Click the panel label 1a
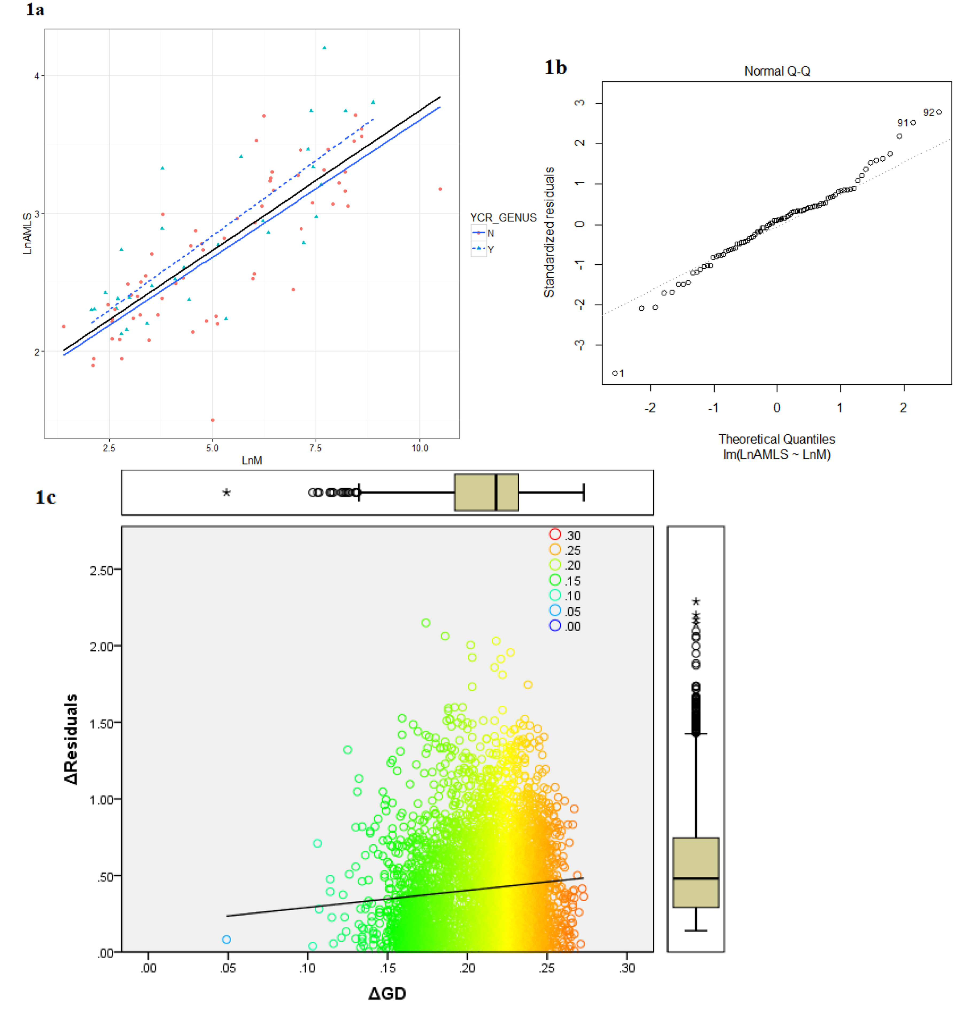pyautogui.click(x=35, y=9)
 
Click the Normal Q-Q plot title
pyautogui.click(x=777, y=71)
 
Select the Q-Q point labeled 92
pyautogui.click(x=938, y=112)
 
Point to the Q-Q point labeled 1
pyautogui.click(x=615, y=373)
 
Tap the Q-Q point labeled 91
pyautogui.click(x=913, y=122)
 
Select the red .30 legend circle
pyautogui.click(x=555, y=534)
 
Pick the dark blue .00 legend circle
pyautogui.click(x=555, y=625)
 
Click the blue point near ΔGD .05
pyautogui.click(x=226, y=939)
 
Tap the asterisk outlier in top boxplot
pyautogui.click(x=226, y=493)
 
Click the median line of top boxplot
pyautogui.click(x=496, y=493)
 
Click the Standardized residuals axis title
pyautogui.click(x=549, y=232)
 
